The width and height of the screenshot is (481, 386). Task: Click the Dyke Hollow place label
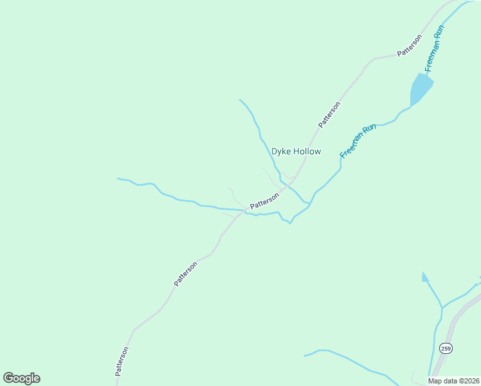pos(296,152)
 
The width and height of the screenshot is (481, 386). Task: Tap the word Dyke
pos(282,152)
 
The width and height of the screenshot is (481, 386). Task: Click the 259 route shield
pos(446,348)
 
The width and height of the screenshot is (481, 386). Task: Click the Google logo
pos(21,378)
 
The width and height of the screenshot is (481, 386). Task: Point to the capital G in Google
pos(8,378)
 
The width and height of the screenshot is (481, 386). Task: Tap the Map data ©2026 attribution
pos(453,381)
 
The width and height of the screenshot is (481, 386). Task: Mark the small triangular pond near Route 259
pos(424,277)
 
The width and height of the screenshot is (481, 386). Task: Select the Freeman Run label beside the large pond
pos(435,48)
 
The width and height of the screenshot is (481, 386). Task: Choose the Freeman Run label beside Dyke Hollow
pos(358,142)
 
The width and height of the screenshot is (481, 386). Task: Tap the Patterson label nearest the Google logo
pos(122,361)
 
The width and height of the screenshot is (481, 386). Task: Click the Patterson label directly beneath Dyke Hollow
pos(264,201)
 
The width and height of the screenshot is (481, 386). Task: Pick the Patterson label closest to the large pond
pos(409,46)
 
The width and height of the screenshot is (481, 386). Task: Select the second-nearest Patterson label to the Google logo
pos(185,273)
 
